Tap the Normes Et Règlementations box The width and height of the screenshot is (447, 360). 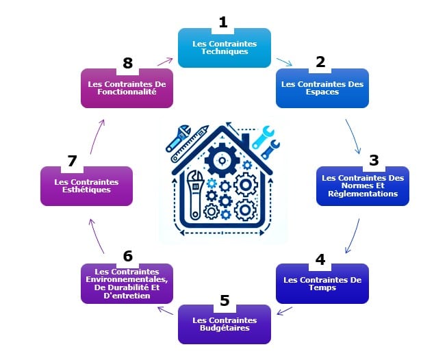(x=362, y=187)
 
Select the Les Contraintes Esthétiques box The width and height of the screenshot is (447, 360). (x=86, y=187)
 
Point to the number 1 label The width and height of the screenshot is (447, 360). (x=222, y=23)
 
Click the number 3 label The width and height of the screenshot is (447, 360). (x=374, y=160)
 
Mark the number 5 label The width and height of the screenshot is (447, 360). (x=224, y=300)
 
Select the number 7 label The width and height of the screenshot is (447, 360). (x=72, y=161)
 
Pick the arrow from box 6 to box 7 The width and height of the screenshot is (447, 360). (x=95, y=234)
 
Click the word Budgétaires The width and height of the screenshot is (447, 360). (x=224, y=329)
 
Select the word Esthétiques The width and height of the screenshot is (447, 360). (x=86, y=190)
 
